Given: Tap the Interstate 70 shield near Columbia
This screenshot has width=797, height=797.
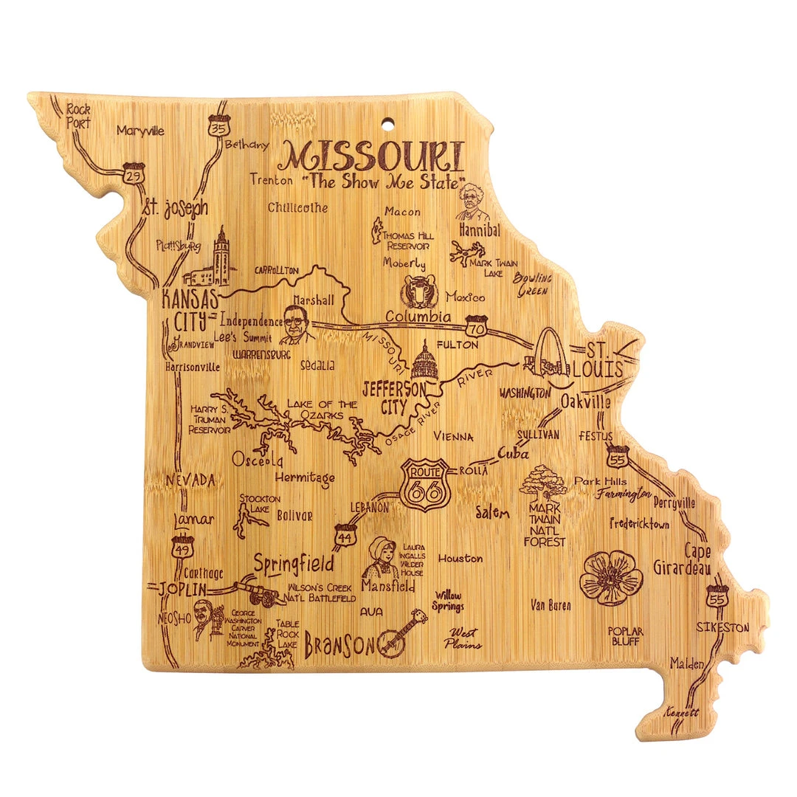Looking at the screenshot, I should pyautogui.click(x=476, y=325).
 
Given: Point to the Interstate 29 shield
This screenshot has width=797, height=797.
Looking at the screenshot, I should pyautogui.click(x=134, y=173).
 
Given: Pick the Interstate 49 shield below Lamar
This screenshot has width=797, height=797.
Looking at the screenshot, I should pyautogui.click(x=182, y=547).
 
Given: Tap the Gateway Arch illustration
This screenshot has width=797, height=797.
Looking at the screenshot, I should pyautogui.click(x=550, y=355).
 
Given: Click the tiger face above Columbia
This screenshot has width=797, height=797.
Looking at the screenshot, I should pyautogui.click(x=419, y=293).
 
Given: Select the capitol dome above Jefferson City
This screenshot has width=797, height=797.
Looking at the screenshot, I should pyautogui.click(x=424, y=361).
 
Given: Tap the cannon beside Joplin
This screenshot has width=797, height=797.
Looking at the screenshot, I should pyautogui.click(x=255, y=590).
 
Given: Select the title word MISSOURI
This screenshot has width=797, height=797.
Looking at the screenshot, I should pyautogui.click(x=374, y=156).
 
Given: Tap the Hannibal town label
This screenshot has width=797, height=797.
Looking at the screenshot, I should pyautogui.click(x=480, y=230).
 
